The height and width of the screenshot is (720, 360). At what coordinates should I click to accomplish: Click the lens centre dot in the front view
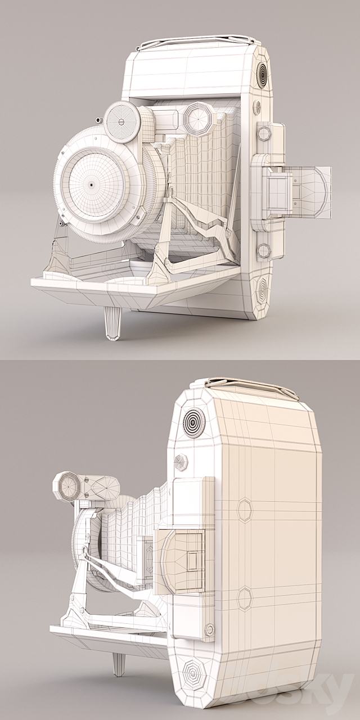[90, 184]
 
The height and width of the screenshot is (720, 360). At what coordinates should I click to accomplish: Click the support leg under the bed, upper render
[112, 323]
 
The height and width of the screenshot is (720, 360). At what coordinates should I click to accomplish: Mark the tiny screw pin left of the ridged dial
[98, 120]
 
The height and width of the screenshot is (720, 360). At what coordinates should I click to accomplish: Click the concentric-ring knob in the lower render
[192, 420]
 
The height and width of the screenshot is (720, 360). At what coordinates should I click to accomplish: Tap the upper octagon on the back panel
[245, 510]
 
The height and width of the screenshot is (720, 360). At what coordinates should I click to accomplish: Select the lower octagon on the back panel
[245, 598]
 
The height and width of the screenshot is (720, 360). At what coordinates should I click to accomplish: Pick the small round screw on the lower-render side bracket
[209, 629]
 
